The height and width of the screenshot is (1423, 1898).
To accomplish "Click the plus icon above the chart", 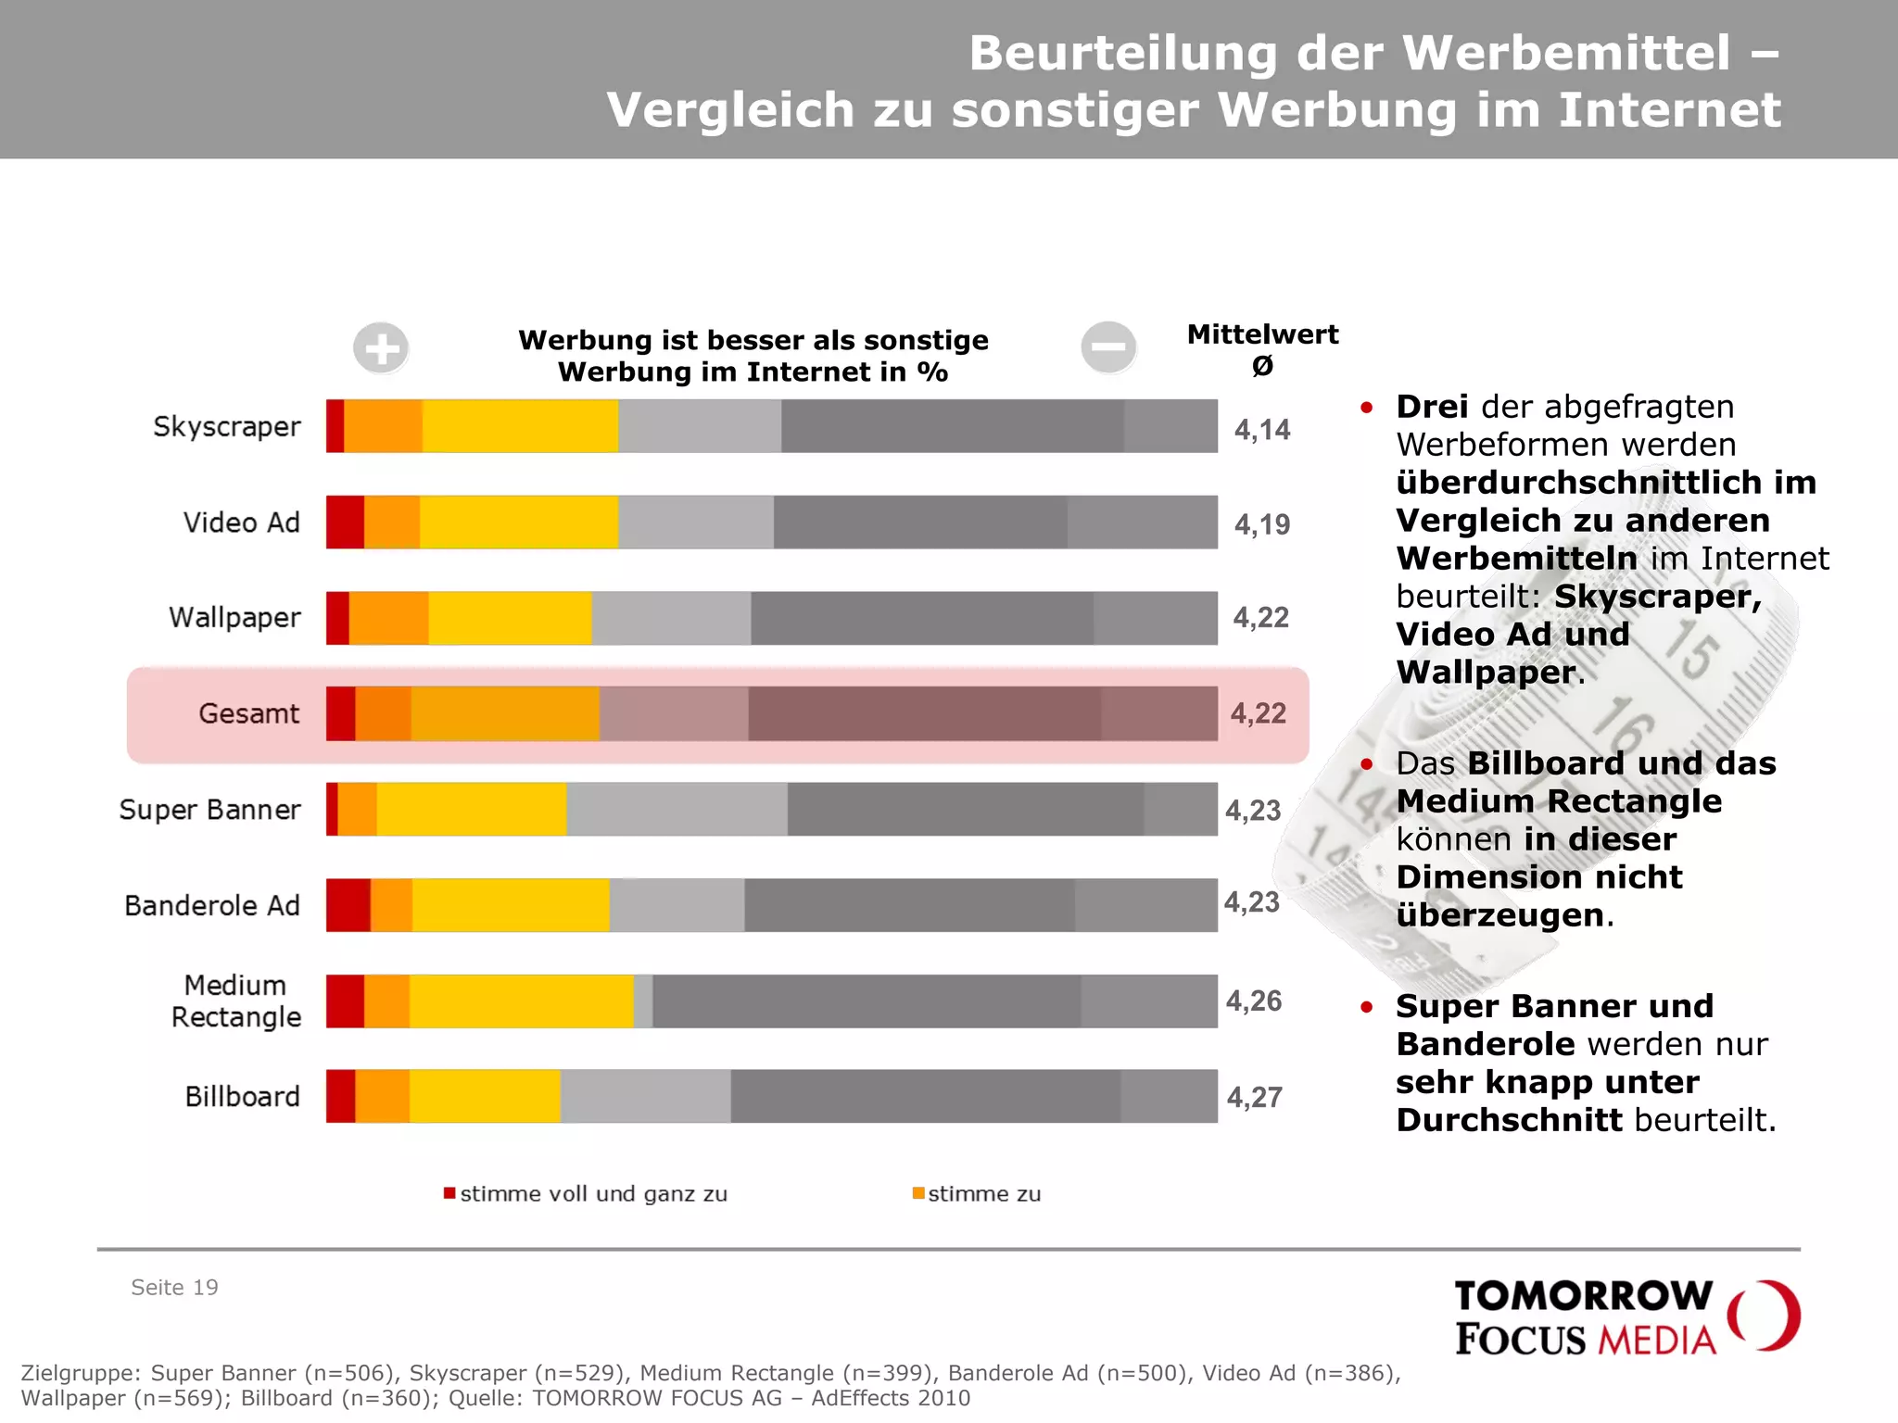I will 381,348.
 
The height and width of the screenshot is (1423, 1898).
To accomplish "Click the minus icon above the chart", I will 1108,347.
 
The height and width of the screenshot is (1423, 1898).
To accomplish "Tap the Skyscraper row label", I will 227,426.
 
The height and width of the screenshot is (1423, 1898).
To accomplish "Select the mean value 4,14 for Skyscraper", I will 1262,429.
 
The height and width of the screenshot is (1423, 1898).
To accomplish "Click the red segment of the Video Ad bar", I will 345,523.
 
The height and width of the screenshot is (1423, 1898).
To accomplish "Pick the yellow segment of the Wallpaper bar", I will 510,618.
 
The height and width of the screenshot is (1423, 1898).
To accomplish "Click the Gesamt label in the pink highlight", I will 248,713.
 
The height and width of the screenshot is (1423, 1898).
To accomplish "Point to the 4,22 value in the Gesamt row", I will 1259,713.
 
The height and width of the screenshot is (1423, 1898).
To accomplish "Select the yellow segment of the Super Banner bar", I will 471,809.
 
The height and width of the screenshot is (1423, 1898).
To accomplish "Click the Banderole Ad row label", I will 212,905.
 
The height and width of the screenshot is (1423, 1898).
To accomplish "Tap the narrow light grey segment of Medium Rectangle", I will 643,1001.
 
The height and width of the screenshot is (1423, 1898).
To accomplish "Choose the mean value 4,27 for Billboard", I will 1255,1097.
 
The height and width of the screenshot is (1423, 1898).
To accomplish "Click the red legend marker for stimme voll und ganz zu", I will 449,1193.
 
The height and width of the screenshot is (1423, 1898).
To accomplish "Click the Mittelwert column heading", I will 1262,334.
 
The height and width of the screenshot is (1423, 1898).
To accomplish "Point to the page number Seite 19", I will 174,1287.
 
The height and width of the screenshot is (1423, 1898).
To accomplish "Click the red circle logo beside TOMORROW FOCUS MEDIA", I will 1765,1316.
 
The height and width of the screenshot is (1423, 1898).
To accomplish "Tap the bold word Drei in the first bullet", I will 1432,407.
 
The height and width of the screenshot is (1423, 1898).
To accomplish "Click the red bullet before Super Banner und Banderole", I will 1366,1007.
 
